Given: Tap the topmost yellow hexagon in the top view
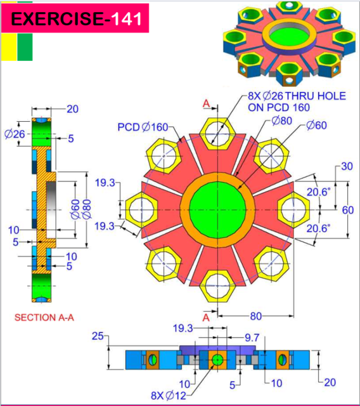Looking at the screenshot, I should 215,134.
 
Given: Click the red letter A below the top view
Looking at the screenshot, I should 205,316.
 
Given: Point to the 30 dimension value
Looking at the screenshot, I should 347,167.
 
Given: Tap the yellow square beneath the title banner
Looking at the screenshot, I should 8,48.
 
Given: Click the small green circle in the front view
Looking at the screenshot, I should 217,360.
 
